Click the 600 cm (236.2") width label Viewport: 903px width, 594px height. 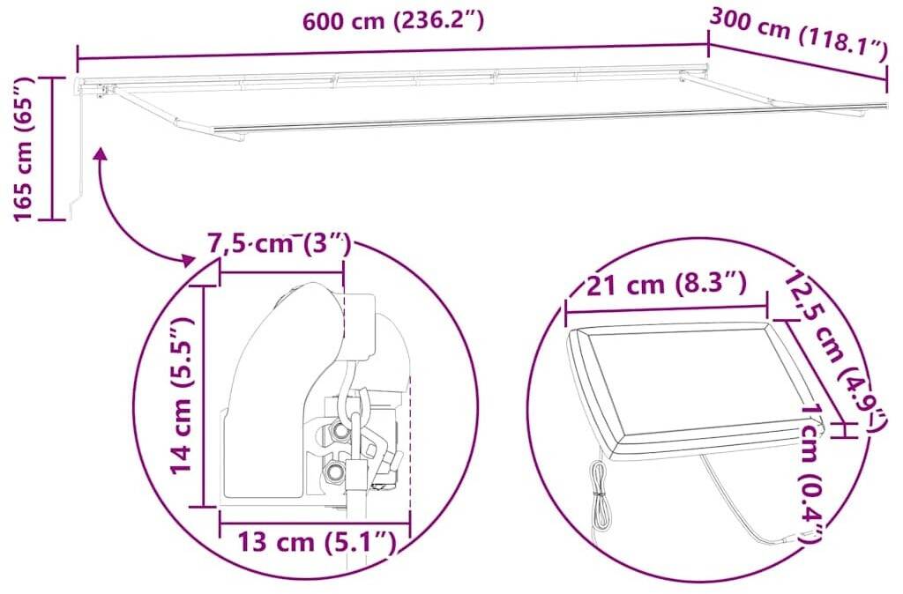point(393,21)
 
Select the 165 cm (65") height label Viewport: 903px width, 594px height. point(24,148)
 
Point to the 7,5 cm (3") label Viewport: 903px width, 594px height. point(279,243)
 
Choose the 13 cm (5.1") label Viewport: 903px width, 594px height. point(317,542)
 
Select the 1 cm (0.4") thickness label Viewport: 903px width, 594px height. point(811,472)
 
